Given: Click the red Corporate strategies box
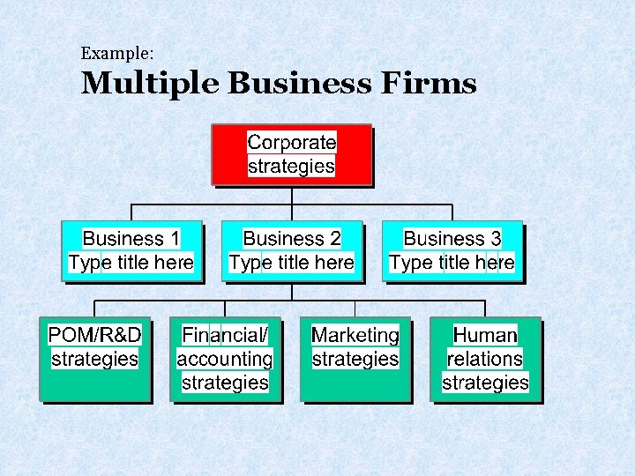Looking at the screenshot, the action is pos(291,154).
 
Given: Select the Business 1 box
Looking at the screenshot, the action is pos(131,250).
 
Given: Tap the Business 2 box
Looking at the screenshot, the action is pos(291,250).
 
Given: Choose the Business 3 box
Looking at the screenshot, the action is pos(452,250).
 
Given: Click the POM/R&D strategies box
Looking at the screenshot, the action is pos(94,359).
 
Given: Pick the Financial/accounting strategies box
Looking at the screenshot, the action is pos(225,359).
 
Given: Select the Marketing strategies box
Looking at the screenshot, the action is pos(355,359).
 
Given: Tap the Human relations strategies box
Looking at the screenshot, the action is pos(485,359).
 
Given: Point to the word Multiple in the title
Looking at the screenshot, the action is pos(150,84).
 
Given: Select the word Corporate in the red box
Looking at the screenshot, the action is pos(292,143).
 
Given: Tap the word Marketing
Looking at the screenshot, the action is pos(355,336).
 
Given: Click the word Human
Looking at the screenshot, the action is pos(485,336).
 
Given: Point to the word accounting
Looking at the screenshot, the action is pos(225,360).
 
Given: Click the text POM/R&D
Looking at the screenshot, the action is pos(95,336).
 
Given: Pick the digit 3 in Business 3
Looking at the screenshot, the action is pos(496,239).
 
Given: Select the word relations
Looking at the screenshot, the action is pos(485,360).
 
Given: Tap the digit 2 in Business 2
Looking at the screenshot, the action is pos(335,239).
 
